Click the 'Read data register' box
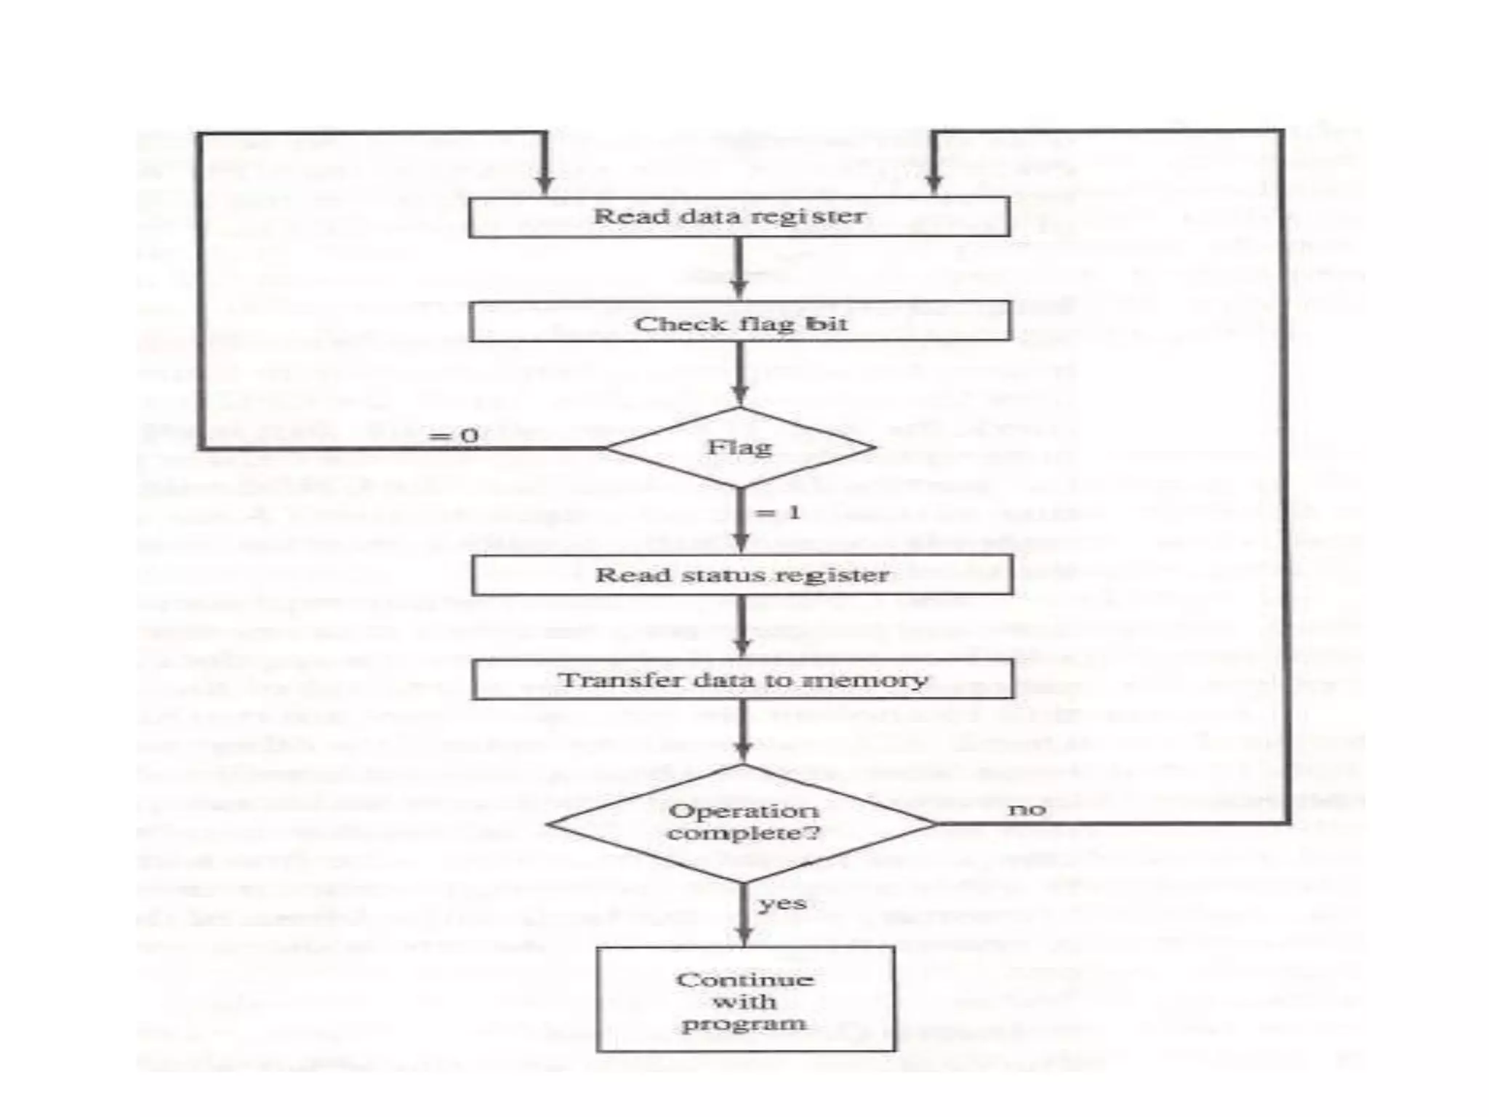739,217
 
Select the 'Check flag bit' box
739,322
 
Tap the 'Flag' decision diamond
740,447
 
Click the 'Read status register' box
742,575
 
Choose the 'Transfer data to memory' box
742,680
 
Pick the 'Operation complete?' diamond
742,822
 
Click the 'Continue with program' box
745,1000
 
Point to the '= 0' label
453,436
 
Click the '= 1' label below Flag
777,513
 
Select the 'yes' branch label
782,904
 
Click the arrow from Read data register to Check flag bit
739,269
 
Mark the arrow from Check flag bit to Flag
739,375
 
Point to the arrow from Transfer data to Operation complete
742,732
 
